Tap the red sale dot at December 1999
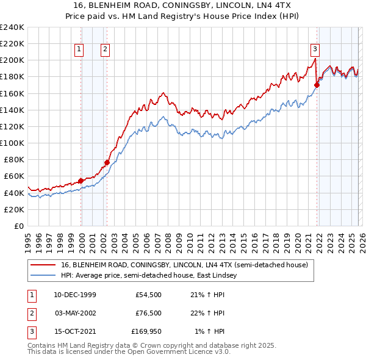(x=81, y=181)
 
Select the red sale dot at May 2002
(x=107, y=162)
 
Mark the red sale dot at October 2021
(x=317, y=85)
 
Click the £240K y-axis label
(x=12, y=27)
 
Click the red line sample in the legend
(x=43, y=265)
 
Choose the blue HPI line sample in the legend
(x=43, y=276)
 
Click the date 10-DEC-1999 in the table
(x=75, y=295)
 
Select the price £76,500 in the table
(x=148, y=313)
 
